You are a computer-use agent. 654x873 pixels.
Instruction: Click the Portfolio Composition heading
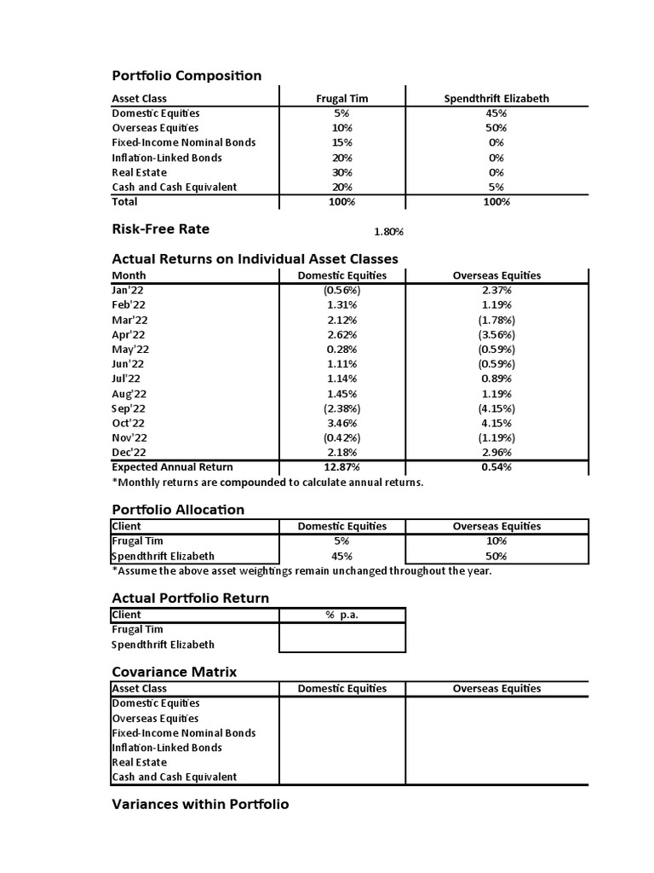tap(186, 76)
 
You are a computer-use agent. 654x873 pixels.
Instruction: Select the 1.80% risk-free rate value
tap(388, 231)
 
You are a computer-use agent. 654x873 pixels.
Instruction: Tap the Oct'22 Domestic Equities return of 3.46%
tap(341, 423)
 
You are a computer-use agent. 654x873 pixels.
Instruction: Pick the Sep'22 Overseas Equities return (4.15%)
tap(496, 408)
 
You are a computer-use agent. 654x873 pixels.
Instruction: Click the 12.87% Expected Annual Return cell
tap(341, 467)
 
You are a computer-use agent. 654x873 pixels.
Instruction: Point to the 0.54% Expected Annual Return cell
tap(496, 467)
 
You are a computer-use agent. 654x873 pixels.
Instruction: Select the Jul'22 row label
tap(127, 379)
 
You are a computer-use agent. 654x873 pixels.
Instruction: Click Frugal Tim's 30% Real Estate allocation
tap(341, 172)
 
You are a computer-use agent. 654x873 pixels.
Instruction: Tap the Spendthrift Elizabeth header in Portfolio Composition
tap(496, 98)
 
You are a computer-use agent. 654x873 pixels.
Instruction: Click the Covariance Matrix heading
tap(175, 672)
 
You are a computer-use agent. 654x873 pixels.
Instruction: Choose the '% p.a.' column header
tap(341, 615)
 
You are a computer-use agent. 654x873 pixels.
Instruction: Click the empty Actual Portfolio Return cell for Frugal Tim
tap(341, 630)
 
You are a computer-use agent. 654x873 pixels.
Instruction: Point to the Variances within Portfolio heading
tap(200, 804)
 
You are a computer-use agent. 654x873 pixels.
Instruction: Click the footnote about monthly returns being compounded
tap(267, 483)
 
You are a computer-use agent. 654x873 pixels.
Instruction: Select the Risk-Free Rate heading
tap(160, 229)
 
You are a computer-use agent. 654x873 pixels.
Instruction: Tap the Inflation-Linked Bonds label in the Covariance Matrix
tap(167, 748)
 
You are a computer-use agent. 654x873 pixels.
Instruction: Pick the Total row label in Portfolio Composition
tap(124, 202)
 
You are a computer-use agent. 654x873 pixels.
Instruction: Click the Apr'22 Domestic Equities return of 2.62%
tap(341, 334)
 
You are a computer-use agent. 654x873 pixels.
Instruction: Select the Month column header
tap(129, 275)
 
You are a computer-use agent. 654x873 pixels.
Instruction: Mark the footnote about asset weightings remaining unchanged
tap(301, 571)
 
